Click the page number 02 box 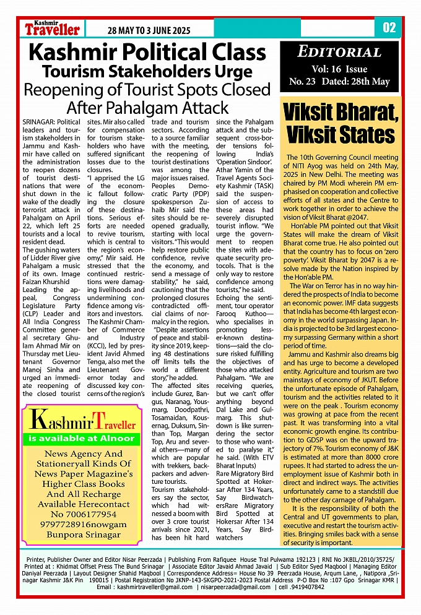pyautogui.click(x=389, y=28)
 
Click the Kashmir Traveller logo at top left pyautogui.click(x=53, y=28)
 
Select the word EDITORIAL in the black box pyautogui.click(x=339, y=52)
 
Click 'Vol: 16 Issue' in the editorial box pyautogui.click(x=339, y=69)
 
